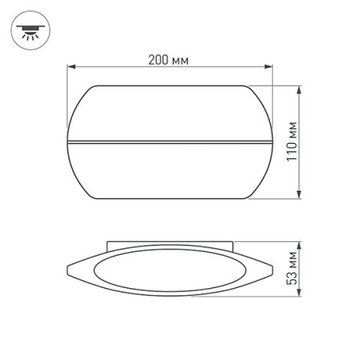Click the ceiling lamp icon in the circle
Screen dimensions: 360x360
(x=30, y=32)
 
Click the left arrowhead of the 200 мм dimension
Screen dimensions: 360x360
(x=71, y=68)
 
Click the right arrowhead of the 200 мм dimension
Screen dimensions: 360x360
(x=271, y=68)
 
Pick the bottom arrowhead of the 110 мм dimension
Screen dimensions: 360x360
(x=299, y=196)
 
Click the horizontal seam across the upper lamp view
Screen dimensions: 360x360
(x=171, y=139)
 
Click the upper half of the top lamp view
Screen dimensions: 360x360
(x=171, y=112)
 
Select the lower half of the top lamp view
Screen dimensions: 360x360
(x=171, y=169)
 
